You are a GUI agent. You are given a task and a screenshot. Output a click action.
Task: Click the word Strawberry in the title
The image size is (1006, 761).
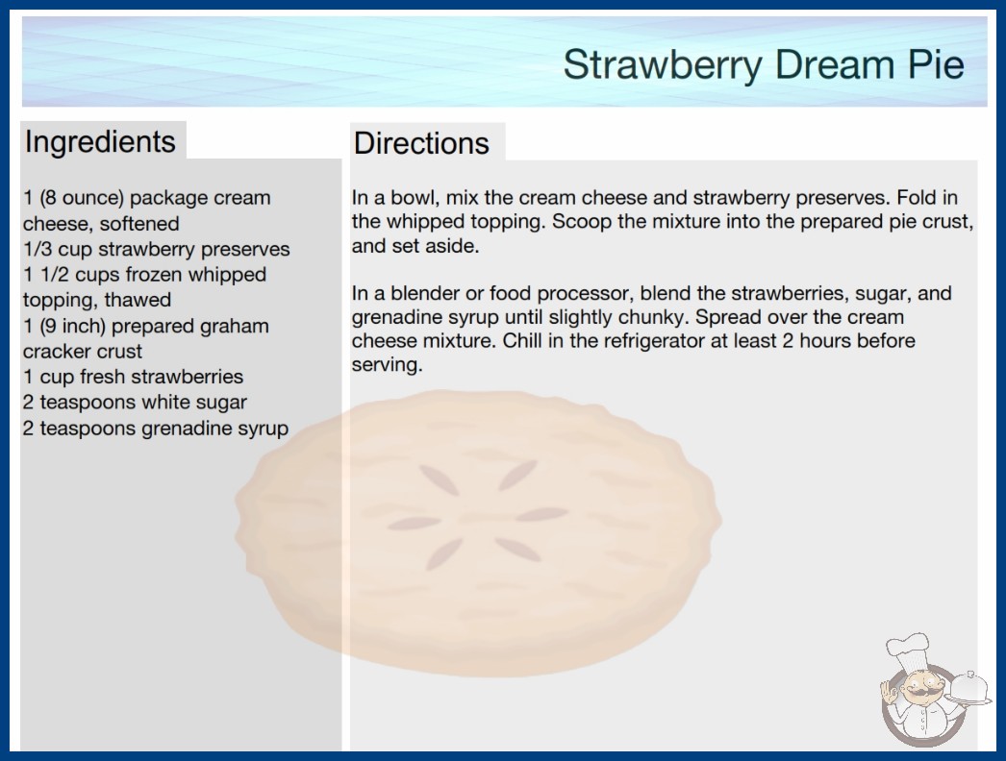(663, 65)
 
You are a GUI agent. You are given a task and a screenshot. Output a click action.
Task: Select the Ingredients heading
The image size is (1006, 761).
(100, 142)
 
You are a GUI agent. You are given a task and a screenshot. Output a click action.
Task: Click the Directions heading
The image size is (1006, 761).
(421, 143)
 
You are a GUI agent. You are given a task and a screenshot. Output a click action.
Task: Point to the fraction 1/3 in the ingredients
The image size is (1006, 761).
(38, 249)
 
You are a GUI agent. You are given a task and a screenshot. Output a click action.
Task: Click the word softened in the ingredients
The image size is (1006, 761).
(139, 224)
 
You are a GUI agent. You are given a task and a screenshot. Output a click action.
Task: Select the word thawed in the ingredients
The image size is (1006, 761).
(138, 300)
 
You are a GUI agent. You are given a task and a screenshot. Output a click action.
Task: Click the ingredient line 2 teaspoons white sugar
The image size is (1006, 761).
(135, 402)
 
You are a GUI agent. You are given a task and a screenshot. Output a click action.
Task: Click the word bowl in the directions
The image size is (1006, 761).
(415, 198)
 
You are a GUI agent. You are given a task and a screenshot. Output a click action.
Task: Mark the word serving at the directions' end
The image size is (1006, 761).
(387, 365)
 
